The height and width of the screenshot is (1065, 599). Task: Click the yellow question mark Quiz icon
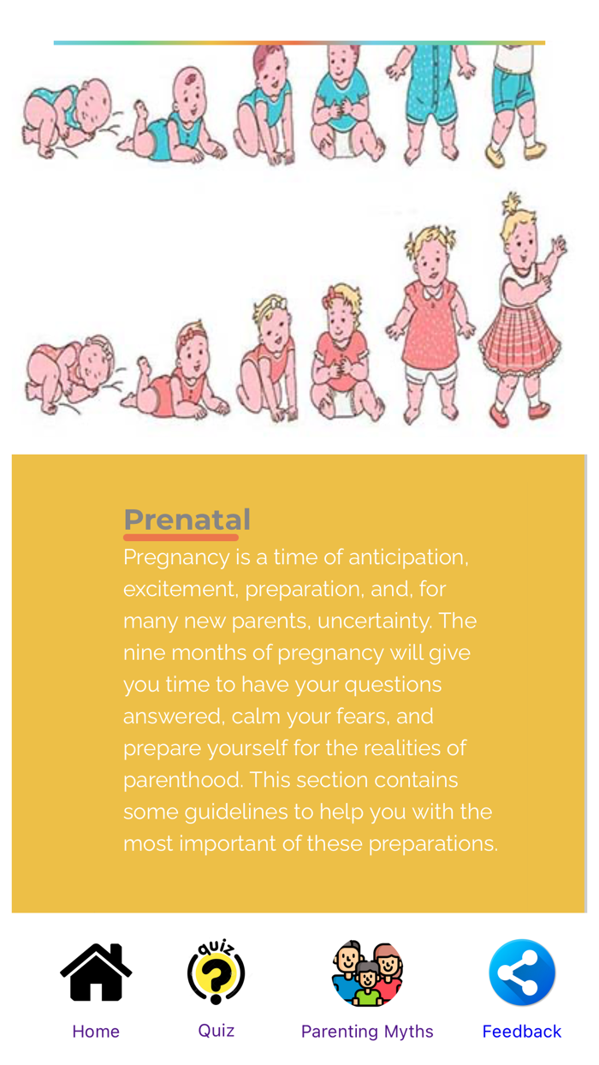tap(216, 972)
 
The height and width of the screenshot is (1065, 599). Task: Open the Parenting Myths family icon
tap(367, 973)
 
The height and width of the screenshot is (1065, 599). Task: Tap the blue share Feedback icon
tap(522, 973)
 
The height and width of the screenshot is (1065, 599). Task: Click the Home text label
tap(96, 1032)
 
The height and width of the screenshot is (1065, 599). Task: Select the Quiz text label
tap(216, 1031)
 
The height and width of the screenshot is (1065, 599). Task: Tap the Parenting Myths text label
tap(367, 1032)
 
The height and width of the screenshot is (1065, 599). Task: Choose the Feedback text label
tap(522, 1032)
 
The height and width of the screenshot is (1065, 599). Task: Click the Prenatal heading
tap(187, 519)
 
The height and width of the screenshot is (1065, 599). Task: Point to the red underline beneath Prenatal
tap(181, 538)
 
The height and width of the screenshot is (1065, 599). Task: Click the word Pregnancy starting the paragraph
tap(176, 557)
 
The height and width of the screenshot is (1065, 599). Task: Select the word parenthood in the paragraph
tap(181, 780)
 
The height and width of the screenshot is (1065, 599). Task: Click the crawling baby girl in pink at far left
tap(70, 375)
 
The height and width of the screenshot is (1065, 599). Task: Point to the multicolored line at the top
tap(299, 42)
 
